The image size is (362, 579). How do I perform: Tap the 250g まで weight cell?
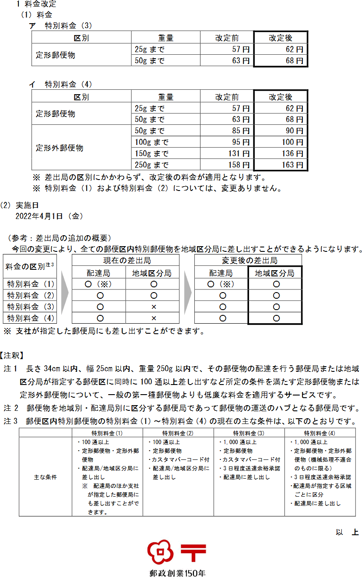point(151,165)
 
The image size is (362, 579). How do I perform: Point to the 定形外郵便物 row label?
point(60,148)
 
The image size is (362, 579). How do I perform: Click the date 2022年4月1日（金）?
point(49,216)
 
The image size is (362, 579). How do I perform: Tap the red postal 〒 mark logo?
point(193,553)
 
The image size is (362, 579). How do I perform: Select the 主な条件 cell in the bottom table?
point(46,477)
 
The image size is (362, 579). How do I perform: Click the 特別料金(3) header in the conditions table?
point(249,433)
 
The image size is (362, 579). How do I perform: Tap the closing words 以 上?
point(347,532)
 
